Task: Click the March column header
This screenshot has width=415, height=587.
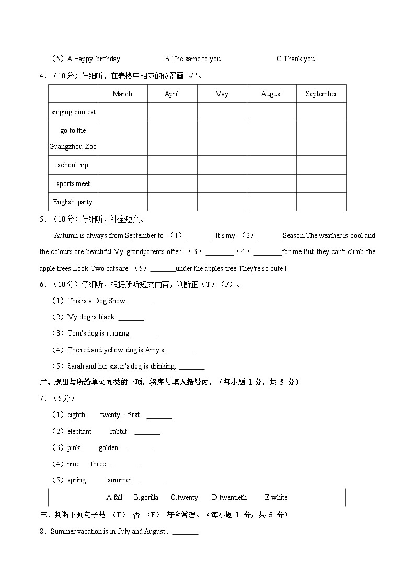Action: (x=122, y=94)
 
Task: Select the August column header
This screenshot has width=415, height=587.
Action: (x=271, y=94)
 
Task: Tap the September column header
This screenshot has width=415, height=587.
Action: (x=321, y=94)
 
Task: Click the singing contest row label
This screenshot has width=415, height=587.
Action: (x=73, y=112)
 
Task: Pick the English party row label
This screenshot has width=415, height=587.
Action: (x=73, y=202)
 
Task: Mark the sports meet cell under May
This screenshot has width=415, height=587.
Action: (x=222, y=183)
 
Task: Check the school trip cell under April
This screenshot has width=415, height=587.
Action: (x=172, y=165)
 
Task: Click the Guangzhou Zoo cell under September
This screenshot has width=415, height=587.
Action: (x=321, y=139)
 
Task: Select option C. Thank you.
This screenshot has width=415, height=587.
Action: (x=296, y=59)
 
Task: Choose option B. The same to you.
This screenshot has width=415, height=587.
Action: (x=193, y=59)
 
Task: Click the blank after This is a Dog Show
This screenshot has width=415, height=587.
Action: (x=142, y=302)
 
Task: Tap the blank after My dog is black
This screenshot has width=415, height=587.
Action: (x=131, y=318)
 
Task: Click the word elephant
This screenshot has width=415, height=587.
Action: (x=79, y=432)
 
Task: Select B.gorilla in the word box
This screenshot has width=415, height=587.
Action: (x=146, y=498)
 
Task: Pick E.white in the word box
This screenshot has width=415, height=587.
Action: (x=276, y=498)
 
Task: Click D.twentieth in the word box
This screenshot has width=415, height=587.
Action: (x=229, y=498)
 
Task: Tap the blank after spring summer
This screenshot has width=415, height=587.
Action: (x=151, y=481)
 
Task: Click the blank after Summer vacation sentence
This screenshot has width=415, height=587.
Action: (x=186, y=532)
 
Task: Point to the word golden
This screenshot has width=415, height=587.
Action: (x=109, y=448)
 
